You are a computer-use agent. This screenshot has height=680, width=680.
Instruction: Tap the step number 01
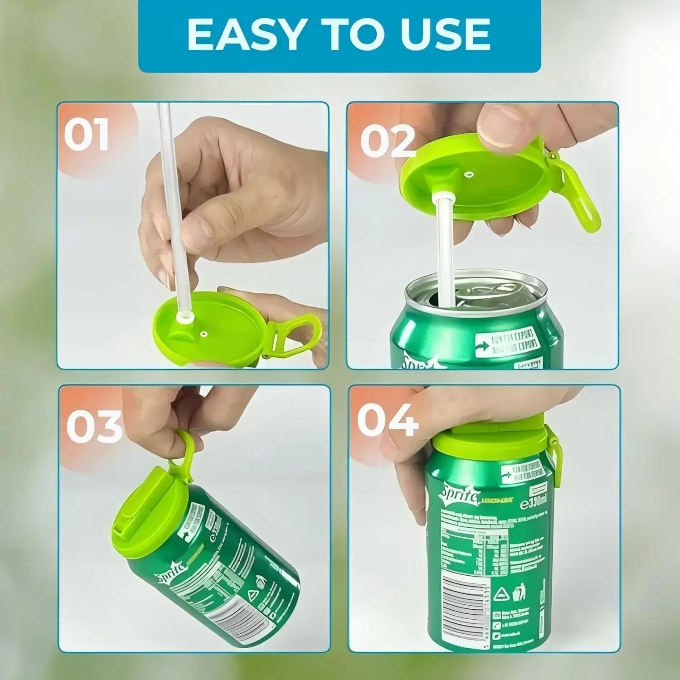click(x=86, y=135)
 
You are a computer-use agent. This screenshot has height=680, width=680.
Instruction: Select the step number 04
click(x=388, y=420)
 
